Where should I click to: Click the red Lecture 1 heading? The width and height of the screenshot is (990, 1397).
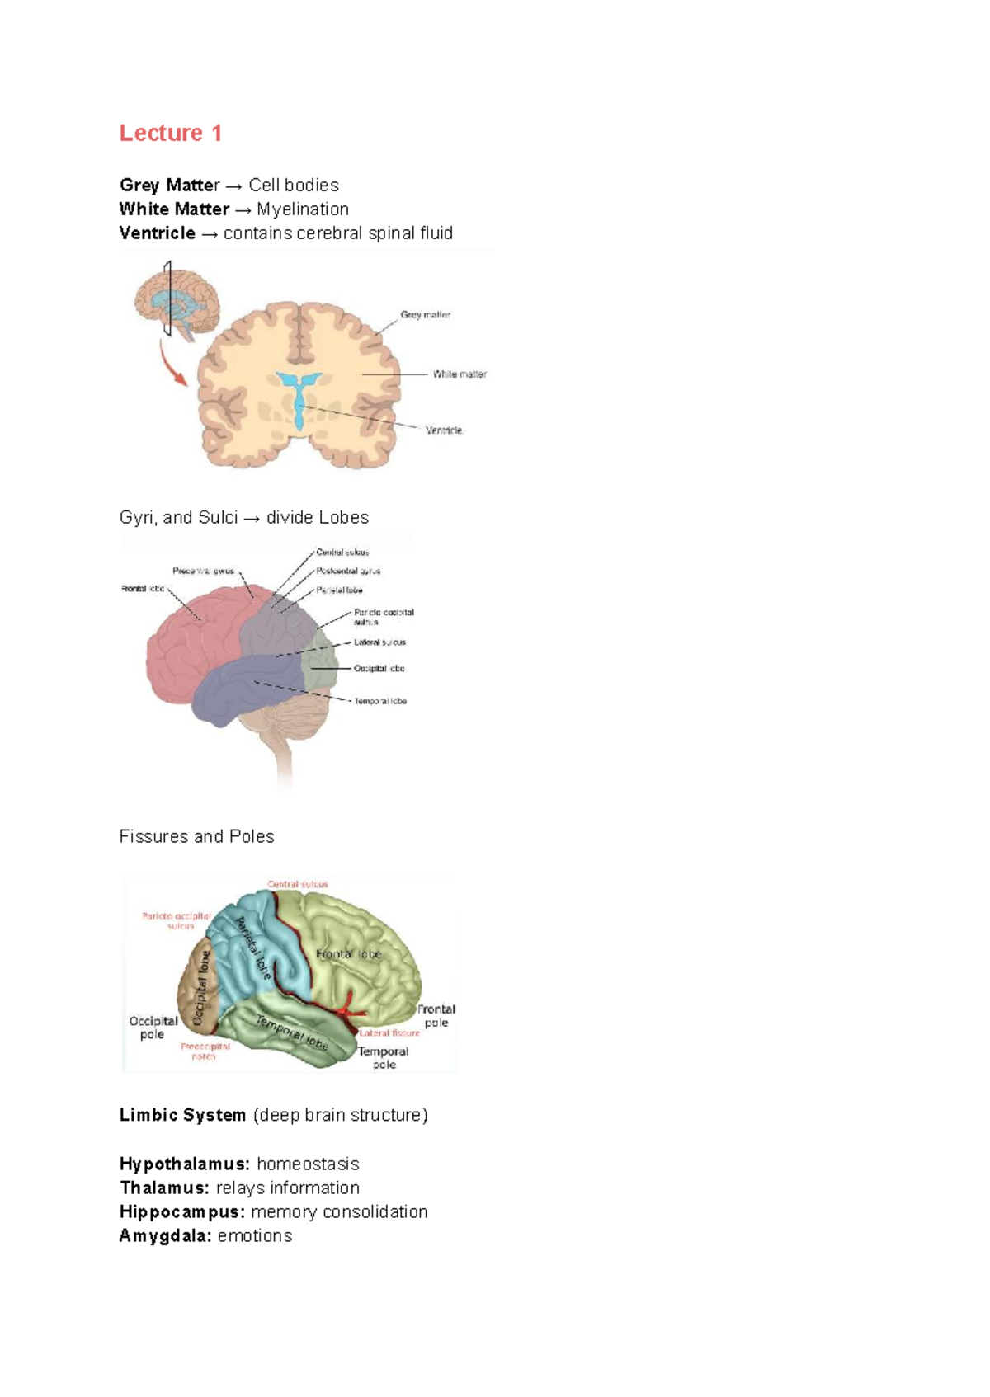170,133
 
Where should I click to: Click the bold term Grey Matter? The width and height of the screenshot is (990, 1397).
168,185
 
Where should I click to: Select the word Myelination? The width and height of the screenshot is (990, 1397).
302,209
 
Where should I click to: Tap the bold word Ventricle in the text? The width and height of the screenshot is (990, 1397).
157,233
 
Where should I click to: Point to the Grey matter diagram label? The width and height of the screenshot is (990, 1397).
425,314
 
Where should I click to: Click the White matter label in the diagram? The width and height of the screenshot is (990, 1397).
460,374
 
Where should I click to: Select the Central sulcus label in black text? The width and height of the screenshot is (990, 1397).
342,552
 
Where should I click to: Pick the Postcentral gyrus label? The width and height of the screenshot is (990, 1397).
348,571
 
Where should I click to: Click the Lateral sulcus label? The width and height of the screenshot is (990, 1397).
379,642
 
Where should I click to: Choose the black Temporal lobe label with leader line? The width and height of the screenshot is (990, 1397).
380,701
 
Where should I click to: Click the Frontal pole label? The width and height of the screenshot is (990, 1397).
436,1015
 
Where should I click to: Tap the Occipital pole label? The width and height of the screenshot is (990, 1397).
153,1028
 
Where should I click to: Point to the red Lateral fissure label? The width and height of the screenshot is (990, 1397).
389,1032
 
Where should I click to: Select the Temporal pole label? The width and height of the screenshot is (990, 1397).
383,1057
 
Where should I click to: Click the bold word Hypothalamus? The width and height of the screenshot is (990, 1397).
184,1164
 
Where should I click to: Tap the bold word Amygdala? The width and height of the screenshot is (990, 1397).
165,1235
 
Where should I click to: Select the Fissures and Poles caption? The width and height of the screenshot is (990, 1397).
196,836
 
